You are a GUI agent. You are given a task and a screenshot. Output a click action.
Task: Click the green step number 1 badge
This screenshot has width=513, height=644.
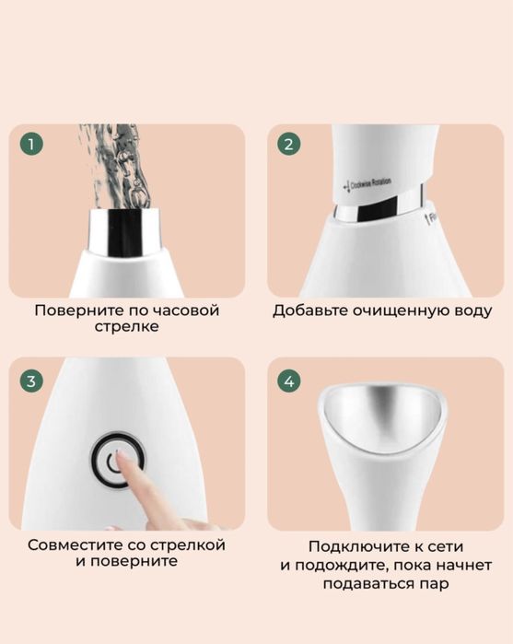32,146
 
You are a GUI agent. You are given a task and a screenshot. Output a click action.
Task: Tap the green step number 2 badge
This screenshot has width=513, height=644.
289,146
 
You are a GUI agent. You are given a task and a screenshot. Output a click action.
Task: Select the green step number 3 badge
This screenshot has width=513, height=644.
32,381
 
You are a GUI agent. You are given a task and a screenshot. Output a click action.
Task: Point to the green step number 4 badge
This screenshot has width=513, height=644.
289,381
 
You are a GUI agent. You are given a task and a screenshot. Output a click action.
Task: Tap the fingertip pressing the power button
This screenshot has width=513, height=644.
130,468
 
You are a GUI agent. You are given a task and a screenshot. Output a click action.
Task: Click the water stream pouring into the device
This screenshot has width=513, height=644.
118,166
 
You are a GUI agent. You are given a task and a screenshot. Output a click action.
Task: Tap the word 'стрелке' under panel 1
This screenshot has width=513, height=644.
126,327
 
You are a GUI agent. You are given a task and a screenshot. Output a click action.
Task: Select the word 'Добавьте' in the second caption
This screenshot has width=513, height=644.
308,310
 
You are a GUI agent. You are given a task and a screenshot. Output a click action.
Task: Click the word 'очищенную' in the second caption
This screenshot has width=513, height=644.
396,310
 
